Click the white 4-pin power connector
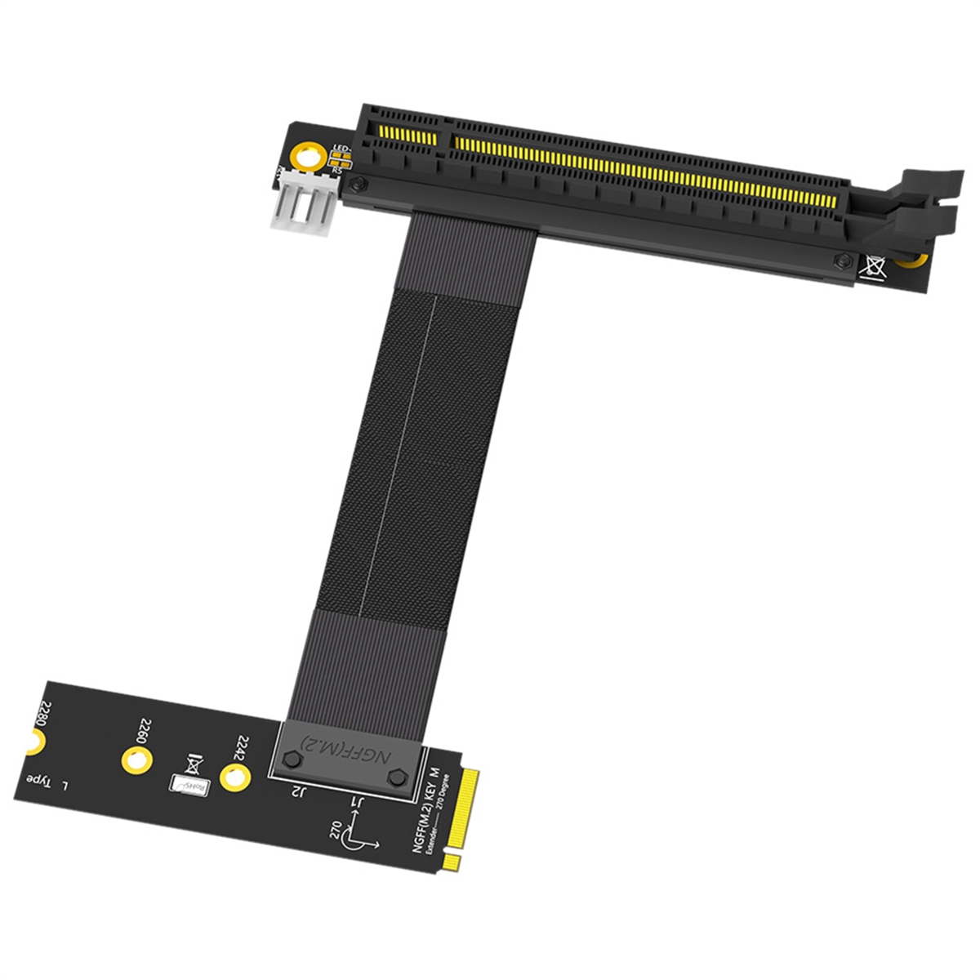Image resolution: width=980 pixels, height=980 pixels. tap(305, 210)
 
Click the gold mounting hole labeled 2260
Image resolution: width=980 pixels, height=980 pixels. tap(136, 760)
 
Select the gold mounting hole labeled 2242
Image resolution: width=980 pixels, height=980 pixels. tap(234, 778)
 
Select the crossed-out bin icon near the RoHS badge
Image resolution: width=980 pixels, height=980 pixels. tap(193, 764)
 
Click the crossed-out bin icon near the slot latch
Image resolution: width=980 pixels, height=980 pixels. tap(874, 266)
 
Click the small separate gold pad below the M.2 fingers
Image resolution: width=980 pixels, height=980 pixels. tap(451, 862)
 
